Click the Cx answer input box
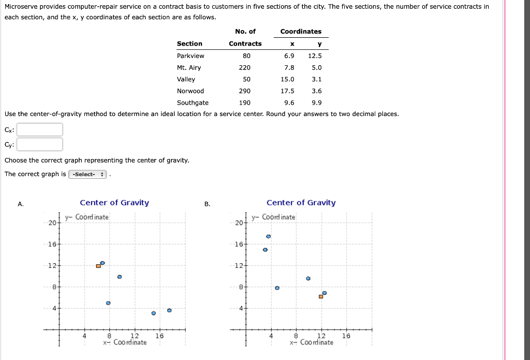pos(40,129)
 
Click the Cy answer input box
pos(40,145)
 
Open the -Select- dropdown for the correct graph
pos(87,175)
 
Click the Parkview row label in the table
pos(190,55)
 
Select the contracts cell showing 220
pos(245,67)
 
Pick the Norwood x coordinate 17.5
pos(288,91)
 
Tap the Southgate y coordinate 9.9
pos(317,103)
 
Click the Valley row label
pos(186,79)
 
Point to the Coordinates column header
pos(301,32)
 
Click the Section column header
pos(189,44)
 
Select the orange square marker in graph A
pos(98,266)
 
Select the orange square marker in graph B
pos(321,296)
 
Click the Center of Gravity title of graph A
pos(114,203)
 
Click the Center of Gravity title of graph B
pos(301,203)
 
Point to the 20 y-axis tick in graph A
pos(52,223)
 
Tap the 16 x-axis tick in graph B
pos(346,336)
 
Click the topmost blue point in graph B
pos(268,236)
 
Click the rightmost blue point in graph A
pos(169,310)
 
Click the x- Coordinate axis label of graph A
pos(125,342)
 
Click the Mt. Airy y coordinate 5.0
pos(317,67)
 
